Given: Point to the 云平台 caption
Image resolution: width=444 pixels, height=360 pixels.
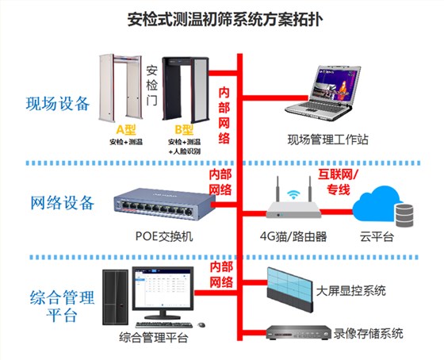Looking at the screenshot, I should [x=377, y=236].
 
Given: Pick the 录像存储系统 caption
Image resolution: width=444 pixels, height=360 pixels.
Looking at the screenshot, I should [x=367, y=332].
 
